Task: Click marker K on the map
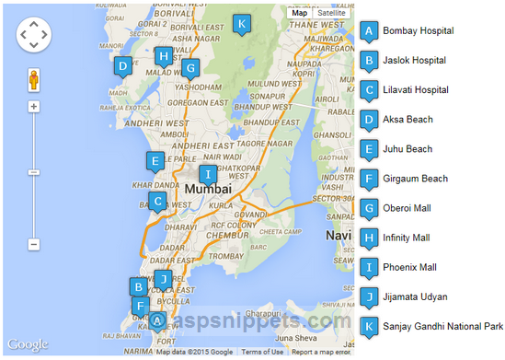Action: (241, 23)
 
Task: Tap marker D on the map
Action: (122, 66)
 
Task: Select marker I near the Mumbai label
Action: (208, 174)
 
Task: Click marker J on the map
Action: (163, 279)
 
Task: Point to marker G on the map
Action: (189, 67)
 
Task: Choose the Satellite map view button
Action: (331, 14)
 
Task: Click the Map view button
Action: (300, 14)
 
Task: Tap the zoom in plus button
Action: (34, 106)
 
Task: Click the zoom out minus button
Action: (34, 244)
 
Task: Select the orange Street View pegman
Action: (34, 79)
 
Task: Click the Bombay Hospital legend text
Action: (419, 30)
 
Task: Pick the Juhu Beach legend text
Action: (407, 148)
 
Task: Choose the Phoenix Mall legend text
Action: (410, 267)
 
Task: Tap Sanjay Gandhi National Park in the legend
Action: (443, 326)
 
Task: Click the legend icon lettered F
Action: (369, 179)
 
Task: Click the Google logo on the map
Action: (28, 344)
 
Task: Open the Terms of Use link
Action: (263, 352)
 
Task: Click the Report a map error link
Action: (321, 352)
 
